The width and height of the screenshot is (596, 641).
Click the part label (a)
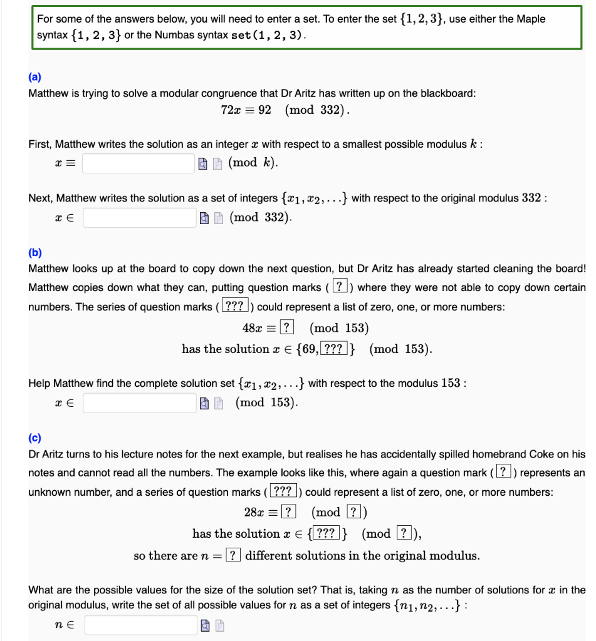pyautogui.click(x=35, y=78)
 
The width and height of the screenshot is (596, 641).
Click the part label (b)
pyautogui.click(x=35, y=253)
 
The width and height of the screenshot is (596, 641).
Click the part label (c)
pyautogui.click(x=35, y=438)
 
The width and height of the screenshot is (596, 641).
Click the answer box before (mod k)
pyautogui.click(x=139, y=163)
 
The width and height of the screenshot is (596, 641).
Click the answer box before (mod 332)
pyautogui.click(x=139, y=217)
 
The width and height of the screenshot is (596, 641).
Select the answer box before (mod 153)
pyautogui.click(x=139, y=402)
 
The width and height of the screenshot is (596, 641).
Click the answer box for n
pyautogui.click(x=141, y=625)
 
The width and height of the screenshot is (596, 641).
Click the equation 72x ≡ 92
pyautogui.click(x=246, y=110)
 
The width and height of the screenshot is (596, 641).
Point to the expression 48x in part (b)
pyautogui.click(x=253, y=327)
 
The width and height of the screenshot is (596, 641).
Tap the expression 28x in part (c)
pyautogui.click(x=254, y=512)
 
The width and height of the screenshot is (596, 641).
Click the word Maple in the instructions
pyautogui.click(x=531, y=19)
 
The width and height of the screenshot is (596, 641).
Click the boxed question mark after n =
pyautogui.click(x=233, y=555)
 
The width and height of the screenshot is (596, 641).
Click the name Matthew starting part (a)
pyautogui.click(x=47, y=93)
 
